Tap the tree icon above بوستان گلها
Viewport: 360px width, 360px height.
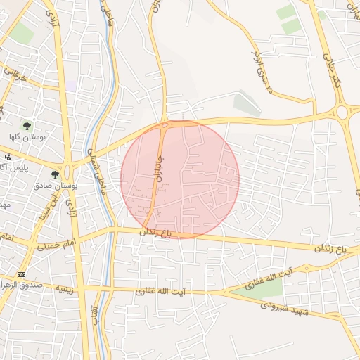point(26,126)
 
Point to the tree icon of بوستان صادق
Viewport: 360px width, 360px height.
point(56,174)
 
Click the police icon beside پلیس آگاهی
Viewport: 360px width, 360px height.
point(8,157)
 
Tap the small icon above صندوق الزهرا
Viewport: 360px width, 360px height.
point(21,274)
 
